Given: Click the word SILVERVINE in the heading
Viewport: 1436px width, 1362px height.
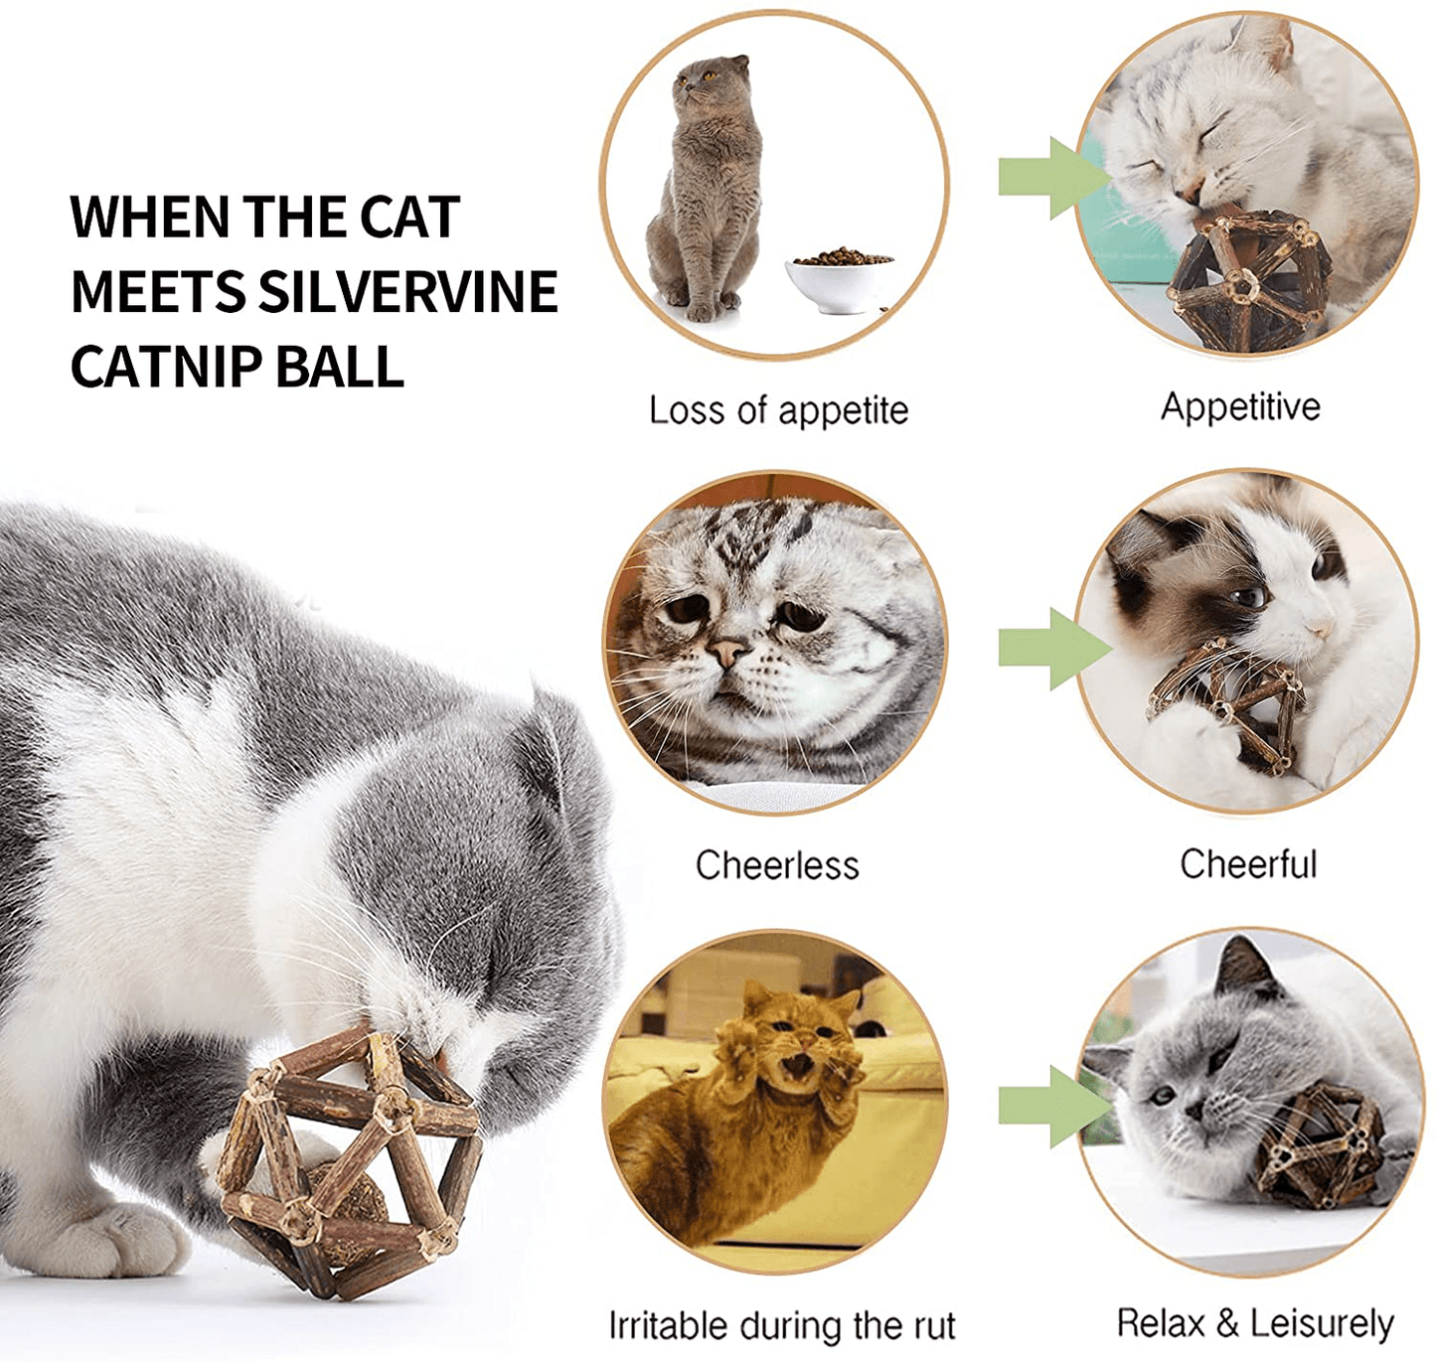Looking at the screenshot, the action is [408, 291].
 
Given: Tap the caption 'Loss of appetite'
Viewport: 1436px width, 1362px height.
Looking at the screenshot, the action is [779, 411].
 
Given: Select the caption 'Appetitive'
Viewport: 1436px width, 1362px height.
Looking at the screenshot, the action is [1241, 407].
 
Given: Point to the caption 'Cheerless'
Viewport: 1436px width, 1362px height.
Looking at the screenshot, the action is [777, 864].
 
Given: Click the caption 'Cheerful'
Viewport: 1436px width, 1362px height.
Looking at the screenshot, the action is [1248, 864].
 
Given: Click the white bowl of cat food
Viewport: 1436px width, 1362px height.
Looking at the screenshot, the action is [839, 280].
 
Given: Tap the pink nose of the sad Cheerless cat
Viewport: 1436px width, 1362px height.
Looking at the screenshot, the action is [727, 652].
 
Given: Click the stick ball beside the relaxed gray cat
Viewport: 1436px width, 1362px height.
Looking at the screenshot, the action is [1320, 1147].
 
